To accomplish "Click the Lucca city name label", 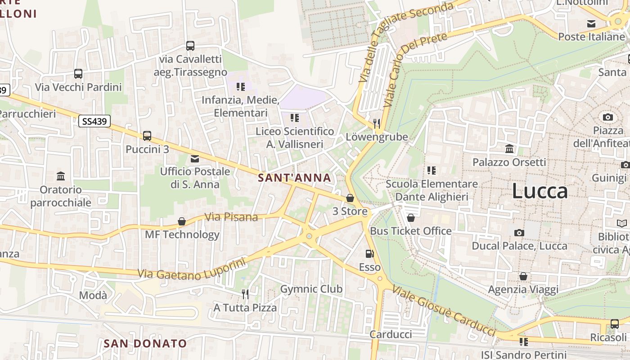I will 540,191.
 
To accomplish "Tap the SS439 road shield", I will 94,121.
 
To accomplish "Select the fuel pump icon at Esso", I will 369,254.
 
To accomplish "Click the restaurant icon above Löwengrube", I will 377,123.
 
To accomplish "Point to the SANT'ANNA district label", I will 295,178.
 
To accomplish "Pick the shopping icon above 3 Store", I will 350,198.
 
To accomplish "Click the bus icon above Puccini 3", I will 147,135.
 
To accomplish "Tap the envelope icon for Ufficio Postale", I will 195,158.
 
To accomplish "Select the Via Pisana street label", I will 231,217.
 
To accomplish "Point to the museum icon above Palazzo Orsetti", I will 509,148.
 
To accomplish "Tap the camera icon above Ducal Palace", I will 519,233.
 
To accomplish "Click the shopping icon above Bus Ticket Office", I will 410,218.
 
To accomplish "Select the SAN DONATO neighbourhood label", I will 145,343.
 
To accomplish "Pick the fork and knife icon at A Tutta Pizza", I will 245,294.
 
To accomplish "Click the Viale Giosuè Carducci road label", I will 443,310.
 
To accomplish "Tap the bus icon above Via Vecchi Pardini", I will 78,74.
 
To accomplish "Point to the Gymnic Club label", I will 311,289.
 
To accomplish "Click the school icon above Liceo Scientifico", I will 295,118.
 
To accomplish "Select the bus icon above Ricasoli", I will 614,324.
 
